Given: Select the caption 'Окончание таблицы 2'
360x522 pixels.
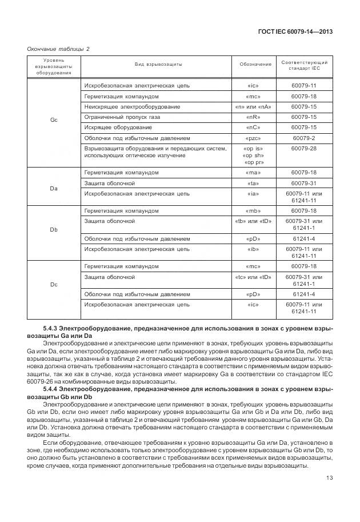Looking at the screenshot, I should (x=59, y=49).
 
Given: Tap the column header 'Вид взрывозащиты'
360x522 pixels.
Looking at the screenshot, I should (x=158, y=64).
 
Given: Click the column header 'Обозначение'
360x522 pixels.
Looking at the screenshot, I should (x=255, y=64).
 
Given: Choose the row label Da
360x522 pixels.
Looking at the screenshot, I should (x=54, y=188).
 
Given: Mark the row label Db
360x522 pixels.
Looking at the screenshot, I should (x=54, y=230).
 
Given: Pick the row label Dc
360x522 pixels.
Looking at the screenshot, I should (x=54, y=285).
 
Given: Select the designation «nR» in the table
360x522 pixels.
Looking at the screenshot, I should (x=255, y=117).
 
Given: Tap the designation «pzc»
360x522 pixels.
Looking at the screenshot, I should (x=255, y=137).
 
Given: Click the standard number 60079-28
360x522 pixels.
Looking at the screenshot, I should (x=303, y=148).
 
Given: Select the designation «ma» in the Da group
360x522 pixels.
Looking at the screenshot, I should (x=255, y=172).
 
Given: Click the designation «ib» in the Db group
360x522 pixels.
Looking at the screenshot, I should (x=255, y=249).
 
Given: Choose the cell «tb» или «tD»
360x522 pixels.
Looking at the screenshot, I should (x=255, y=221).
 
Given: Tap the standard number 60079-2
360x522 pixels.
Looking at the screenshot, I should (x=303, y=137).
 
